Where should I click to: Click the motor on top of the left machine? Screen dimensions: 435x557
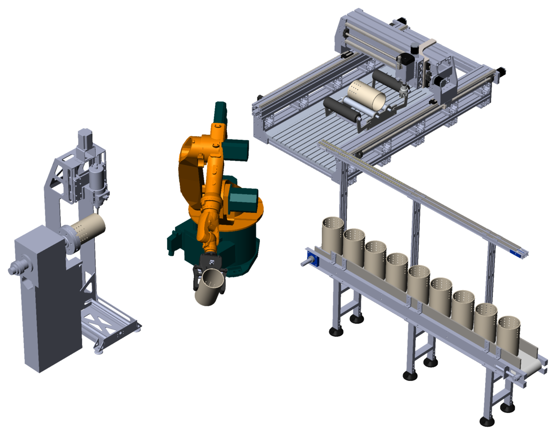pyautogui.click(x=85, y=137)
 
